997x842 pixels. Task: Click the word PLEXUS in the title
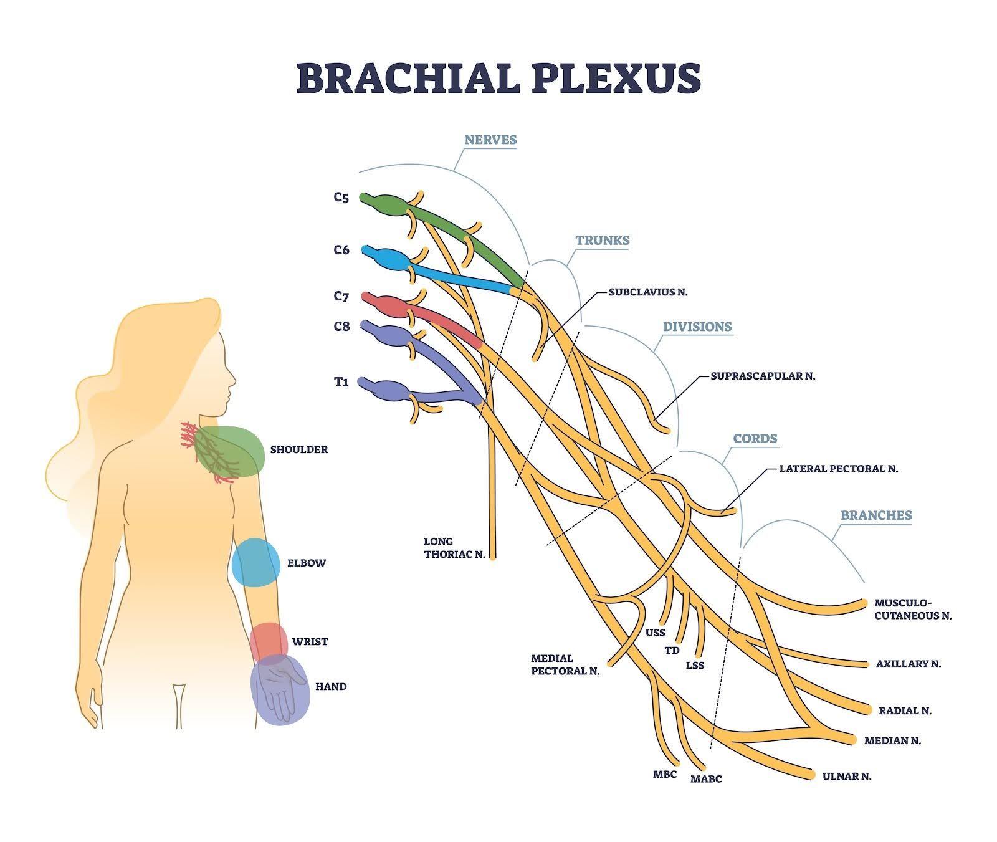pos(617,78)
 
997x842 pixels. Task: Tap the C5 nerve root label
pos(341,198)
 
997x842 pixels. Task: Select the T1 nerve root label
pos(341,382)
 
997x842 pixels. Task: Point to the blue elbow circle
pos(255,563)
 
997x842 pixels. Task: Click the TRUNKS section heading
pos(602,240)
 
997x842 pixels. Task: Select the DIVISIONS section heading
pos(697,327)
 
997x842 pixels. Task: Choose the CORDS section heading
pos(755,438)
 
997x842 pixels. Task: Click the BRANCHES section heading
pos(875,515)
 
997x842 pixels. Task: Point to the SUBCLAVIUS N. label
pos(648,292)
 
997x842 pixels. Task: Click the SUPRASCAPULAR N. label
pos(763,376)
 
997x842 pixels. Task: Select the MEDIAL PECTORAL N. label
pos(565,664)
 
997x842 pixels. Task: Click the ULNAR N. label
pos(846,776)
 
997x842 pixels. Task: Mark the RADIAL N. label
pos(905,710)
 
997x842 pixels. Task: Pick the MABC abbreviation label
pos(705,779)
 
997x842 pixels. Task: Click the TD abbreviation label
pos(672,650)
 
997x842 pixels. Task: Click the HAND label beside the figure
pos(330,686)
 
